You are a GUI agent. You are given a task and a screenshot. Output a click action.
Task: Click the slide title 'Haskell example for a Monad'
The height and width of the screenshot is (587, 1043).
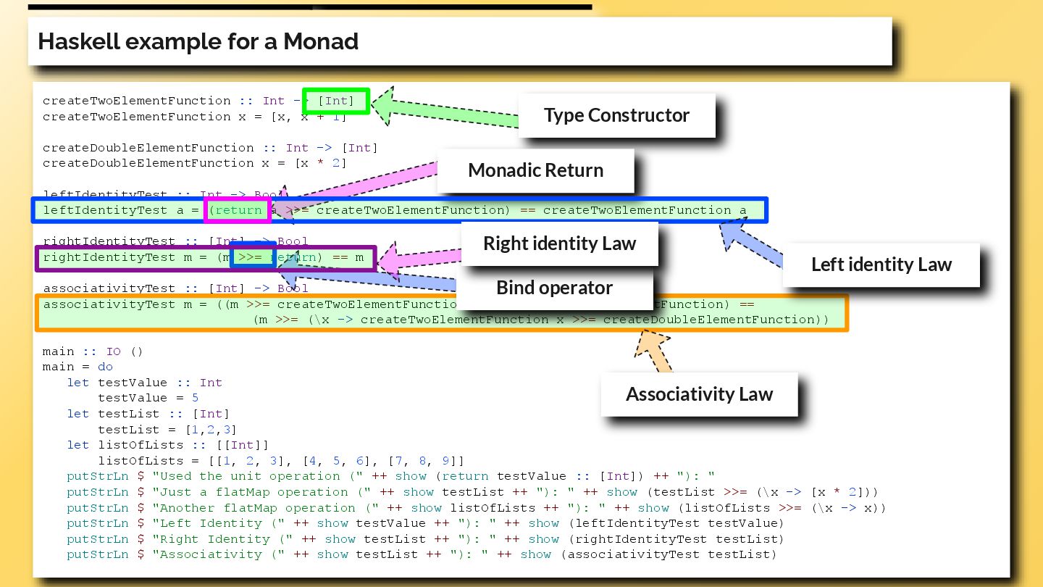pyautogui.click(x=198, y=41)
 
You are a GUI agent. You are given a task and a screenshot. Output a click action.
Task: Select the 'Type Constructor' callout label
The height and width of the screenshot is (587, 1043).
pyautogui.click(x=616, y=115)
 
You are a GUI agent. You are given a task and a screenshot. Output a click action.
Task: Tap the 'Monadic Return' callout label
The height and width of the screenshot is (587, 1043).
pyautogui.click(x=535, y=170)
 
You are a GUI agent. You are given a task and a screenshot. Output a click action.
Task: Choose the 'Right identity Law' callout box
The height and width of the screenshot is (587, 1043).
pyautogui.click(x=559, y=243)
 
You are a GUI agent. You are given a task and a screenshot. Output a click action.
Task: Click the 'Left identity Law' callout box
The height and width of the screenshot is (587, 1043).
pyautogui.click(x=881, y=265)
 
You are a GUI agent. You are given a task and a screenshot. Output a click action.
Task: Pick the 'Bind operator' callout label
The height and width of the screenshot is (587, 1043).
pyautogui.click(x=554, y=288)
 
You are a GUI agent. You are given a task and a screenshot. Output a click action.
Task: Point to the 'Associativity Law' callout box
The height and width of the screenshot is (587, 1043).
pyautogui.click(x=699, y=394)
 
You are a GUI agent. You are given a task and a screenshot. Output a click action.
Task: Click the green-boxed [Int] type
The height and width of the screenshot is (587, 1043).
pyautogui.click(x=336, y=101)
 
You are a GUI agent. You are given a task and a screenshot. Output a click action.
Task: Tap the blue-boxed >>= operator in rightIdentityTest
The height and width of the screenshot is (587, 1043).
pyautogui.click(x=252, y=257)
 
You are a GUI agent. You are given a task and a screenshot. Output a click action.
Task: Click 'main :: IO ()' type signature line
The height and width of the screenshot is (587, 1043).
pyautogui.click(x=93, y=351)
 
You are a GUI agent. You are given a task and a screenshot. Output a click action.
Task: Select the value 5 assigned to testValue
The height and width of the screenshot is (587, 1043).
pyautogui.click(x=196, y=398)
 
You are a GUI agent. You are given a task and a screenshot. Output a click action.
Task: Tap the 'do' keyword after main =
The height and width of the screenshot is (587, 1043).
pyautogui.click(x=105, y=367)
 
